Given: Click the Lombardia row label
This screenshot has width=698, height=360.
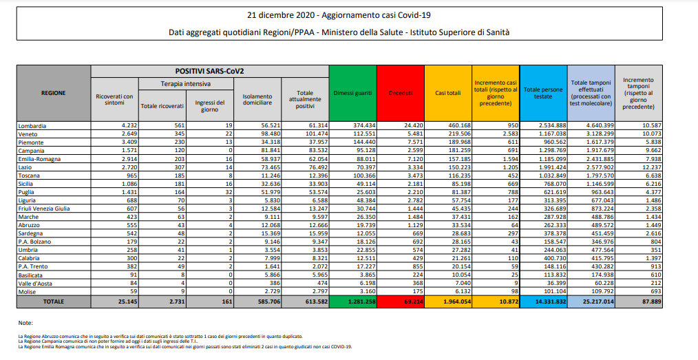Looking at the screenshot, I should click(34, 126).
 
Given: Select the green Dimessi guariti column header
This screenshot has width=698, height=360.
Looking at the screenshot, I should click(352, 93).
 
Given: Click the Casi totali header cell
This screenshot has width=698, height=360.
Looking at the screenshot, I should click(447, 93).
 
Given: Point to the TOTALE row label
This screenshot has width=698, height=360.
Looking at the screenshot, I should click(53, 301).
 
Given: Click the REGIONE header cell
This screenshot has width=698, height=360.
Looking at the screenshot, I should click(53, 93).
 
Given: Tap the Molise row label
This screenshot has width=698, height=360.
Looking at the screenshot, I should click(29, 292).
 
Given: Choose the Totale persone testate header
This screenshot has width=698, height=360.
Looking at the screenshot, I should click(542, 93).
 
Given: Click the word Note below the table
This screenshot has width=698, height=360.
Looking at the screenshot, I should click(26, 322).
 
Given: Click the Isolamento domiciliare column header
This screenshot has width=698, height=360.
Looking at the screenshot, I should click(257, 100).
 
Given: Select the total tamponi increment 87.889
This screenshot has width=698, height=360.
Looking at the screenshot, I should click(640, 301).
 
